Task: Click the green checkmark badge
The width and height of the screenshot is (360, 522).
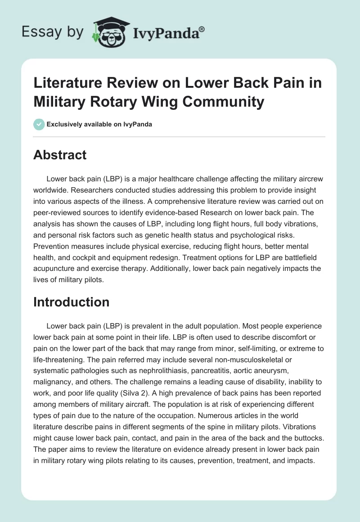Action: (x=39, y=124)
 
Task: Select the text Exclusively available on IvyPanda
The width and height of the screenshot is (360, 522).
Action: (x=99, y=124)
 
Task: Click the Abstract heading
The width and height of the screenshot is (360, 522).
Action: (x=60, y=155)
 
